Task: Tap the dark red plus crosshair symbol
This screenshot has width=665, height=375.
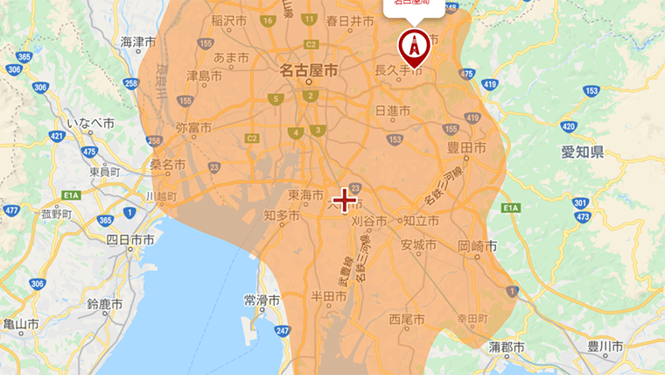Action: pyautogui.click(x=345, y=201)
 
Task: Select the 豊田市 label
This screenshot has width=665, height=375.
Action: pyautogui.click(x=467, y=149)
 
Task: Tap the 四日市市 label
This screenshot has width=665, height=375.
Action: pyautogui.click(x=130, y=239)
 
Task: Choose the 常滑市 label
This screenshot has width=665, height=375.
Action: pyautogui.click(x=262, y=300)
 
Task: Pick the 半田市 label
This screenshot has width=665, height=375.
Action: pyautogui.click(x=329, y=298)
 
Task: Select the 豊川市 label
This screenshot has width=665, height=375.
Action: pyautogui.click(x=605, y=347)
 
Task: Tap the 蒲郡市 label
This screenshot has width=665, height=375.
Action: pyautogui.click(x=507, y=347)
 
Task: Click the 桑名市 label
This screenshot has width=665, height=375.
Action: pyautogui.click(x=167, y=164)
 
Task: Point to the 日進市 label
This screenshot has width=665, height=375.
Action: pyautogui.click(x=392, y=110)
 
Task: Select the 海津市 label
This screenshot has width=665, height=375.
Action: pyautogui.click(x=138, y=41)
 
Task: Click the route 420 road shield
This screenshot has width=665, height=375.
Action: pyautogui.click(x=568, y=126)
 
